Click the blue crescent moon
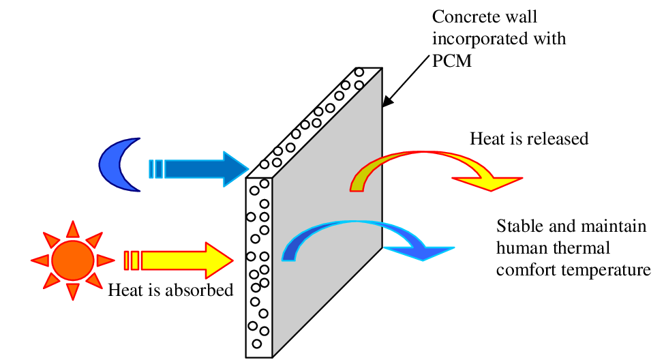point(112,168)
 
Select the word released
point(558,139)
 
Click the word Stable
point(516,226)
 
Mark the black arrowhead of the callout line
point(386,103)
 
